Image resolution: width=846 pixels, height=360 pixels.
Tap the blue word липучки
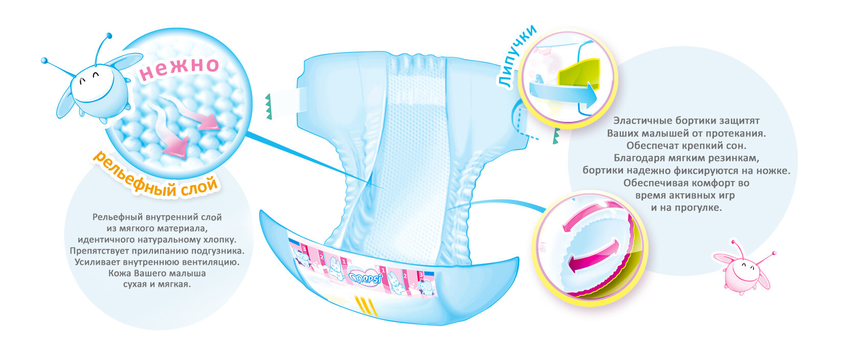[517, 56]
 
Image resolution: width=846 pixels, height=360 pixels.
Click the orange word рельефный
[133, 174]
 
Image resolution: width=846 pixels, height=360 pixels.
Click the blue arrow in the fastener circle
[563, 92]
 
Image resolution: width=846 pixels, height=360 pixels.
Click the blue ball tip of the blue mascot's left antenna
[44, 60]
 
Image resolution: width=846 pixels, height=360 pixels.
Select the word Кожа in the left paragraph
[119, 273]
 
